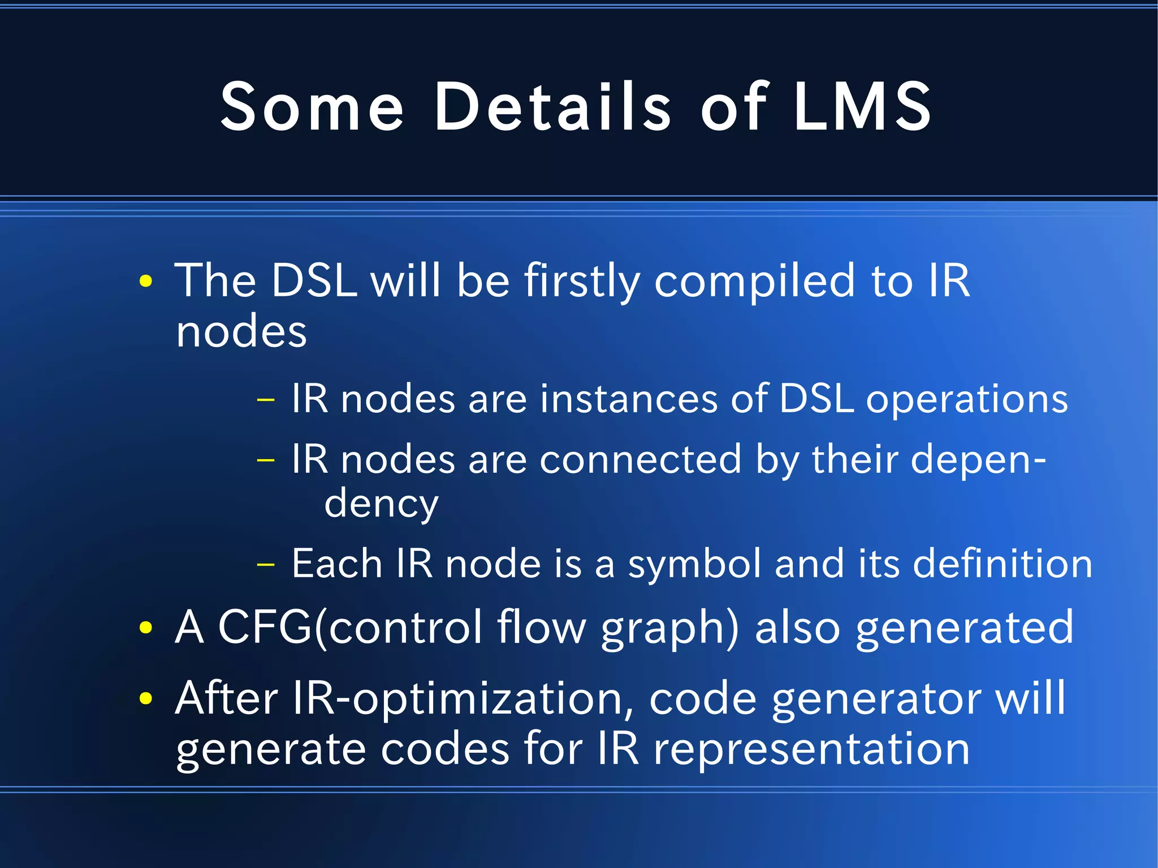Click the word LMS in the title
862,106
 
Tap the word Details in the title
552,106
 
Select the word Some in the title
312,106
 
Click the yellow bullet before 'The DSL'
146,281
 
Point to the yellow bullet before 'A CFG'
146,627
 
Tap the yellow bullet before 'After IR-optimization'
146,698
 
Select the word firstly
582,281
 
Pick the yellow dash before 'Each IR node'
265,564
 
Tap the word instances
629,399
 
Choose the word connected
640,459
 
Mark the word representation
811,749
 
